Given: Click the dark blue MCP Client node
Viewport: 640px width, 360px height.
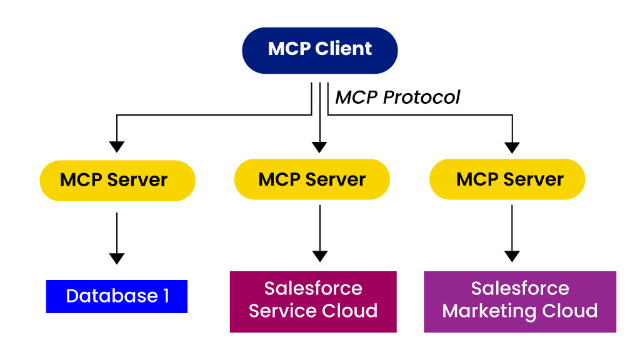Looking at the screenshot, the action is click(x=320, y=51).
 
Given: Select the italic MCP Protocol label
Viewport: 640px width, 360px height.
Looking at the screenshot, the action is click(x=397, y=97).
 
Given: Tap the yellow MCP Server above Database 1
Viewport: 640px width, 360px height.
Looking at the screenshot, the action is click(x=117, y=181).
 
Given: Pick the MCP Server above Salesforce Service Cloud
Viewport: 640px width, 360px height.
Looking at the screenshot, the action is click(x=312, y=179).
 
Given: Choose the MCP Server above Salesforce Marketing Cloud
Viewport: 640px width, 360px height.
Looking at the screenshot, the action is click(x=507, y=179).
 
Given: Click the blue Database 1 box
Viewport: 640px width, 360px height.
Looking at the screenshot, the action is click(x=117, y=296).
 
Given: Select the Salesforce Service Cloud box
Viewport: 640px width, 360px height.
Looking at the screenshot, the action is click(x=313, y=302).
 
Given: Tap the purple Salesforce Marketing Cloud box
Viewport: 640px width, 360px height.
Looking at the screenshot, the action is click(x=520, y=302).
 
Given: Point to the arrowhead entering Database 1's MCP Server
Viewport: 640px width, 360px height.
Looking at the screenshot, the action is click(x=117, y=147).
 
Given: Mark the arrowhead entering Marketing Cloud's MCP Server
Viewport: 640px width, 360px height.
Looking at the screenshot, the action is click(x=512, y=147).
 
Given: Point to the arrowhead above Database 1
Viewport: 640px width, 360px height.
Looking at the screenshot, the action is click(x=117, y=259).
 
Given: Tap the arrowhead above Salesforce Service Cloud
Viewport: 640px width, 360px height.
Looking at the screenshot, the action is click(x=320, y=256).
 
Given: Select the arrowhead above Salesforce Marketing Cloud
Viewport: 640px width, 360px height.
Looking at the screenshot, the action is click(x=512, y=256).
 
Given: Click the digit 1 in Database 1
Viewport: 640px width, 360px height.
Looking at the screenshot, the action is click(x=166, y=296).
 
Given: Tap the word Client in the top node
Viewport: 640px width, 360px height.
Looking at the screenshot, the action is click(x=343, y=49).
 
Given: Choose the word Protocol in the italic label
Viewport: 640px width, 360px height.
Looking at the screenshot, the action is click(x=422, y=97).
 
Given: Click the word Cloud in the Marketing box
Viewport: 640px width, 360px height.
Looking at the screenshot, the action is click(x=570, y=311).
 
